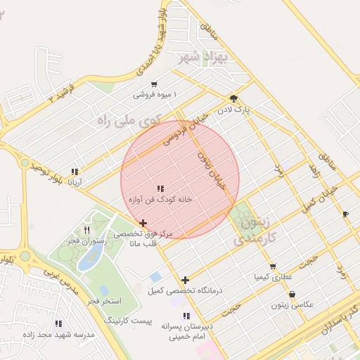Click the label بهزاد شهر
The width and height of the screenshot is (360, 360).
pyautogui.click(x=211, y=56)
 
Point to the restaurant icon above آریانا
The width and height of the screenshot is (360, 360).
pyautogui.click(x=75, y=172)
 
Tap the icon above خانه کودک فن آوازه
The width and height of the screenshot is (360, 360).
pyautogui.click(x=160, y=188)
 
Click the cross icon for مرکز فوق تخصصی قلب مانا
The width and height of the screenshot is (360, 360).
pyautogui.click(x=143, y=223)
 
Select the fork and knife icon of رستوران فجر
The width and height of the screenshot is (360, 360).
pyautogui.click(x=86, y=230)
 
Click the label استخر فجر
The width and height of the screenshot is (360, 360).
pyautogui.click(x=105, y=301)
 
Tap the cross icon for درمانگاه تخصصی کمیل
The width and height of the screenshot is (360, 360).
pyautogui.click(x=185, y=280)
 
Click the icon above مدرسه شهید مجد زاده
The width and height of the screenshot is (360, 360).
pyautogui.click(x=58, y=324)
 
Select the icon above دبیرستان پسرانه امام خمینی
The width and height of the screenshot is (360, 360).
pyautogui.click(x=186, y=316)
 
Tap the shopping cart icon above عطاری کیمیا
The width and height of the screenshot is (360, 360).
pyautogui.click(x=272, y=266)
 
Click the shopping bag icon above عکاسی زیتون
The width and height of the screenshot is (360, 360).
pyautogui.click(x=292, y=295)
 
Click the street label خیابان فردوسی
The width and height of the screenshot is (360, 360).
pyautogui.click(x=186, y=127)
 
